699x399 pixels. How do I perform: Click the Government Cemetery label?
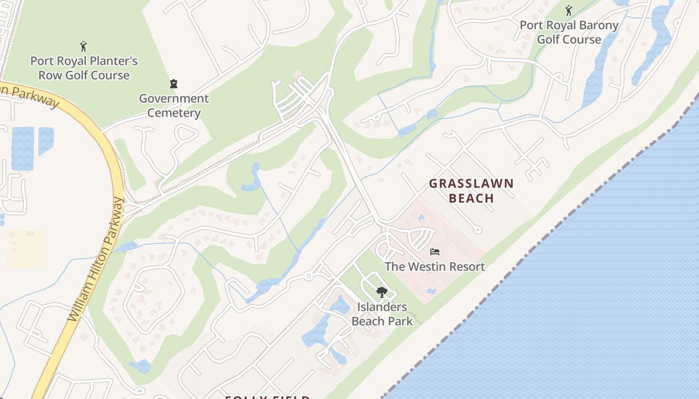pyautogui.click(x=174, y=105)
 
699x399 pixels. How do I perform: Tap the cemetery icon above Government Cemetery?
pyautogui.click(x=174, y=84)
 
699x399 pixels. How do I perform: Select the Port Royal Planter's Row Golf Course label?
pyautogui.click(x=84, y=68)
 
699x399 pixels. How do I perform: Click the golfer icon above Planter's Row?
pyautogui.click(x=83, y=46)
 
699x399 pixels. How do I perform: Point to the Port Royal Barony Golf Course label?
pyautogui.click(x=569, y=32)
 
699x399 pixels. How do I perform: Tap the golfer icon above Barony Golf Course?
pyautogui.click(x=568, y=10)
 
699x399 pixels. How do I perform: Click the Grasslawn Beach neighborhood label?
pyautogui.click(x=471, y=191)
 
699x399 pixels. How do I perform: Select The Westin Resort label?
pyautogui.click(x=434, y=266)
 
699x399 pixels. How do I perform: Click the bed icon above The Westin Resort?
pyautogui.click(x=435, y=252)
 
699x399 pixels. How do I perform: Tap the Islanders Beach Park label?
pyautogui.click(x=382, y=314)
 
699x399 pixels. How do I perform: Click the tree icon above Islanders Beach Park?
pyautogui.click(x=382, y=292)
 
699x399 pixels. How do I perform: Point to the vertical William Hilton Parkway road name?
pyautogui.click(x=95, y=259)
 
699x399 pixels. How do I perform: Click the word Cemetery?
pyautogui.click(x=174, y=113)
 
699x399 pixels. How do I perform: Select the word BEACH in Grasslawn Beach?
pyautogui.click(x=471, y=198)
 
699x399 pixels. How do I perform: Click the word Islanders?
pyautogui.click(x=382, y=307)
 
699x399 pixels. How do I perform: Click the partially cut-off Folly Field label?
pyautogui.click(x=267, y=397)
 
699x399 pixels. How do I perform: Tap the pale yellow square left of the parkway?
pyautogui.click(x=25, y=248)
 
